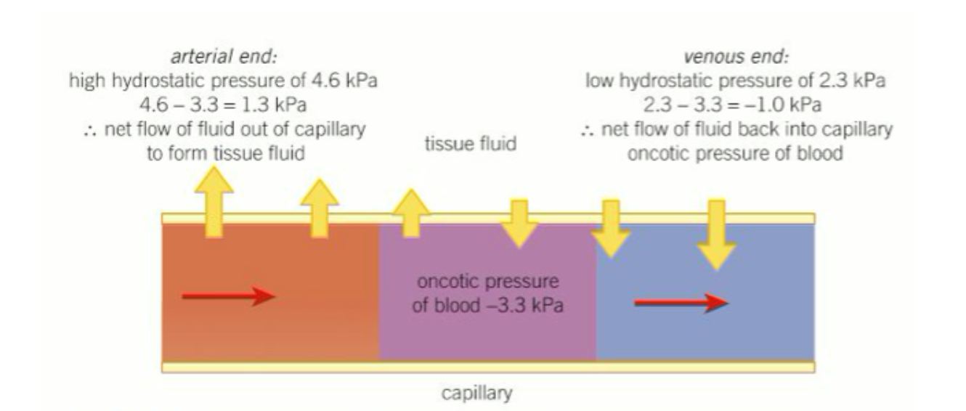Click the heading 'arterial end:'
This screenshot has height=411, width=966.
coord(223,62)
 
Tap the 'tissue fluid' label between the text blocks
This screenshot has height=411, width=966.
coord(471,143)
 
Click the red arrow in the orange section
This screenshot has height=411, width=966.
coord(228,296)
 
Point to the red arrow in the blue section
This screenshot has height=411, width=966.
coord(681,303)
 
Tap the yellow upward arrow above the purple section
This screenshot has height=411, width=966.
coord(411,212)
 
